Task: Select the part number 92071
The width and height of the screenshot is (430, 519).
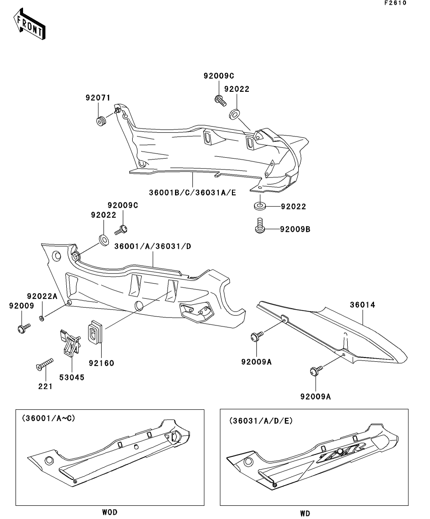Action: (x=97, y=98)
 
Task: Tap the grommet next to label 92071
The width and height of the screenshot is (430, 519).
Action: (x=101, y=121)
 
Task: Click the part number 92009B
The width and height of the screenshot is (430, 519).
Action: (x=295, y=230)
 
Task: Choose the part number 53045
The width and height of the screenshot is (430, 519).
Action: (x=72, y=377)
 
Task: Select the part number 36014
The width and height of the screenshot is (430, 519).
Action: (x=362, y=305)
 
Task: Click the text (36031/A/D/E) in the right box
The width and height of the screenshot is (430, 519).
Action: (x=261, y=420)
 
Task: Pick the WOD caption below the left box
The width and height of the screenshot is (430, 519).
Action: (x=109, y=512)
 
